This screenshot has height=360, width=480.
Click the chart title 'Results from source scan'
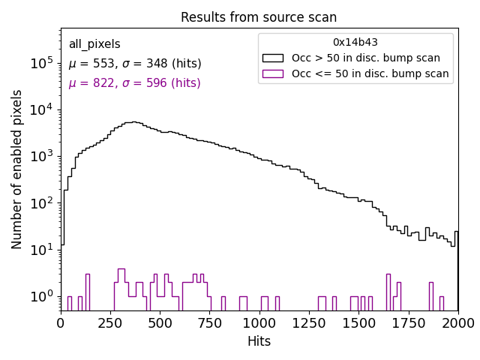click(x=259, y=17)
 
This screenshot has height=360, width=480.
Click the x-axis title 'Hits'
click(x=259, y=341)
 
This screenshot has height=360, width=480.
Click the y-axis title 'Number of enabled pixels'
click(x=17, y=169)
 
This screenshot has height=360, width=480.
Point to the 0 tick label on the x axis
click(x=61, y=322)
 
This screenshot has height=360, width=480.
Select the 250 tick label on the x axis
click(x=110, y=322)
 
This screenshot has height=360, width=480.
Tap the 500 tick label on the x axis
click(x=160, y=322)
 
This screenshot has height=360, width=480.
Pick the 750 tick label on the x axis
click(x=210, y=322)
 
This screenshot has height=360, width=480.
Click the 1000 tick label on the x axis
click(x=259, y=322)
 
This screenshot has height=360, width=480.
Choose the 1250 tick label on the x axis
click(x=309, y=322)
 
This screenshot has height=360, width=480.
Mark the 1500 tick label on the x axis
click(x=358, y=322)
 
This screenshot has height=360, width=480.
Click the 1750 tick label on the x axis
click(x=409, y=322)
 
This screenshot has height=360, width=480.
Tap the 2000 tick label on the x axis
click(x=457, y=322)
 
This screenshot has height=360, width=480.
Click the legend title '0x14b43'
click(x=355, y=42)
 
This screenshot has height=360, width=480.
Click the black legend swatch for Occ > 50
click(x=273, y=58)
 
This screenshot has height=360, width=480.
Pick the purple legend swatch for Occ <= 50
click(x=273, y=73)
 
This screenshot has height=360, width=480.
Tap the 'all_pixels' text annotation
click(x=94, y=44)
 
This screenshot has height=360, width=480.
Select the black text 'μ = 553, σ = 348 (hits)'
click(x=135, y=64)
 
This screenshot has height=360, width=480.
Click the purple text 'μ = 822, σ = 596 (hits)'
click(x=135, y=83)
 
